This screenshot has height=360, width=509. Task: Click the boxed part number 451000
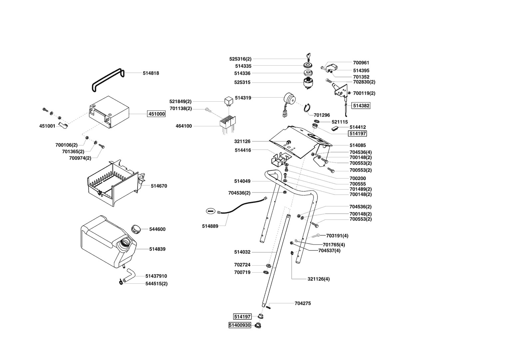point(156,114)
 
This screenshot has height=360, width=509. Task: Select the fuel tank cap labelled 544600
point(136,229)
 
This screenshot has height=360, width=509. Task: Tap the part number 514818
point(151,73)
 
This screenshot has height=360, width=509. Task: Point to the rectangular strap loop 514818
point(107,79)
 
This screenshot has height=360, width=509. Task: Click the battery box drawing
point(109,112)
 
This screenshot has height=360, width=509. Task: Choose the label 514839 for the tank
point(157,249)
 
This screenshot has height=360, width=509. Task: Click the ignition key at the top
point(308,56)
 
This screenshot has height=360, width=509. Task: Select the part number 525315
point(242,82)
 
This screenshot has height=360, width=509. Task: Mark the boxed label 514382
point(361,106)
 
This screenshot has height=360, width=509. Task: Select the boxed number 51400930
point(240,325)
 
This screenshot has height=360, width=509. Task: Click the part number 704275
point(303,303)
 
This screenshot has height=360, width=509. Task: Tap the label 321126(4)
point(318,279)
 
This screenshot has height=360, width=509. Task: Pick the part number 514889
point(210,226)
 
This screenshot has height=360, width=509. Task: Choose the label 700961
point(361,63)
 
